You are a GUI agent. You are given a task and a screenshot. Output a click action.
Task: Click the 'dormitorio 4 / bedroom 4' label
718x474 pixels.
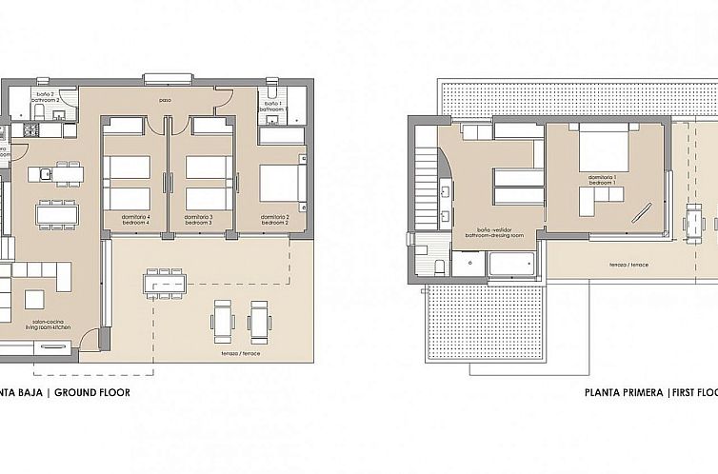tap(135, 220)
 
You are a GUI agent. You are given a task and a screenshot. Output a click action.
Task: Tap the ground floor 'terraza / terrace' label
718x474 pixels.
tap(237, 353)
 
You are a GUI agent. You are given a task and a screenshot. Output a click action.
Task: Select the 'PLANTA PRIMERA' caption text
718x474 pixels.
tap(624, 391)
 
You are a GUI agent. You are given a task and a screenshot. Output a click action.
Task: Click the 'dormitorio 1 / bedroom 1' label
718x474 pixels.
tap(602, 180)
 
